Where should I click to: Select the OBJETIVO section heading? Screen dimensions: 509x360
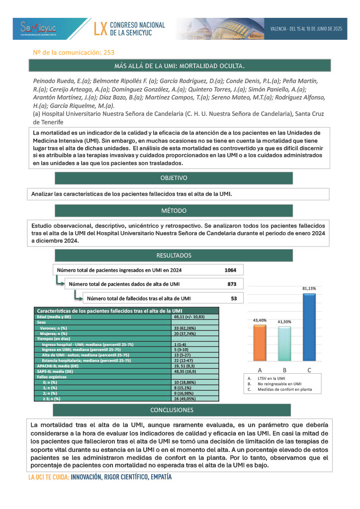(x=173, y=178)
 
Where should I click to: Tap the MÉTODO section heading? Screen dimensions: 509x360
(x=173, y=211)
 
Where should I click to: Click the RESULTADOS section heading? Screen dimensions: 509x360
(x=173, y=255)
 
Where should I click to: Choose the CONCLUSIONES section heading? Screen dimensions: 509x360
(x=172, y=410)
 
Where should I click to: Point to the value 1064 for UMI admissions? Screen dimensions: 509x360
(x=233, y=270)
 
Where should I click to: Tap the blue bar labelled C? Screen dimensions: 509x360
(x=309, y=328)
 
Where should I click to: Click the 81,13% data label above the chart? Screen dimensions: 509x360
(x=309, y=288)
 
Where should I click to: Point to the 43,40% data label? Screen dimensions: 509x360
(x=260, y=320)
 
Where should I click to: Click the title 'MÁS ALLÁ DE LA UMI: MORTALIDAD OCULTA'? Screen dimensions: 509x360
(x=180, y=66)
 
